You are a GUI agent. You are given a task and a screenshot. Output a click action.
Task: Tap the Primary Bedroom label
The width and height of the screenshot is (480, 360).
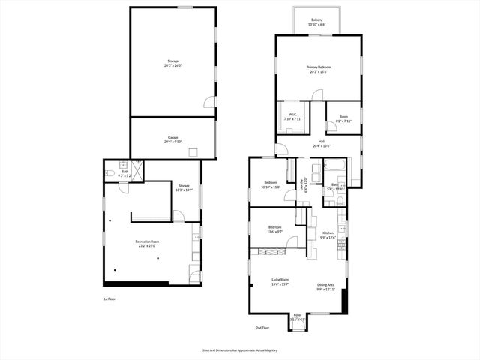tap(319, 69)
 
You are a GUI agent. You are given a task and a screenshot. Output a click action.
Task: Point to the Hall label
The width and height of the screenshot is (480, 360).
tap(321, 144)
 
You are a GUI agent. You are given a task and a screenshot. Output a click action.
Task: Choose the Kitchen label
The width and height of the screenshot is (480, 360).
tap(327, 235)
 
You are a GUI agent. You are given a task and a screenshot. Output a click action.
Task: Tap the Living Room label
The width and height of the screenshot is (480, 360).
tap(280, 283)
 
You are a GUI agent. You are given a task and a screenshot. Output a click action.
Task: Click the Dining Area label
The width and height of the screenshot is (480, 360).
tap(325, 286)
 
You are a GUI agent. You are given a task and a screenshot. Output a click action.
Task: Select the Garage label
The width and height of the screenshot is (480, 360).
tap(172, 139)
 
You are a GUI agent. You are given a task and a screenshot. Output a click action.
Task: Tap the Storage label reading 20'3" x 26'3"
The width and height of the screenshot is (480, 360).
tap(172, 63)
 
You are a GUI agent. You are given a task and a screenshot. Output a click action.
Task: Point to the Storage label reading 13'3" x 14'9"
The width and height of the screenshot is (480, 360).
tap(184, 188)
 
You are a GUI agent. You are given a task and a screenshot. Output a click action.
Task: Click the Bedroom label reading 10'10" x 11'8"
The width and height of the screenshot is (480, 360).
tap(271, 185)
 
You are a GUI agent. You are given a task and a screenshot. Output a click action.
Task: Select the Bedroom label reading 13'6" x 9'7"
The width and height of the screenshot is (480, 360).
tap(275, 229)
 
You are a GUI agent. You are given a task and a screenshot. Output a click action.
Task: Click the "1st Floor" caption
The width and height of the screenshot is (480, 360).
tap(109, 298)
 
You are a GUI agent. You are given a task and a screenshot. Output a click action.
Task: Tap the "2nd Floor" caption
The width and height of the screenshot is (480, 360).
tap(262, 328)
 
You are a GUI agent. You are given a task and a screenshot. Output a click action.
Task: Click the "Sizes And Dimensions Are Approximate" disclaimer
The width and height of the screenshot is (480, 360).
tap(241, 349)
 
